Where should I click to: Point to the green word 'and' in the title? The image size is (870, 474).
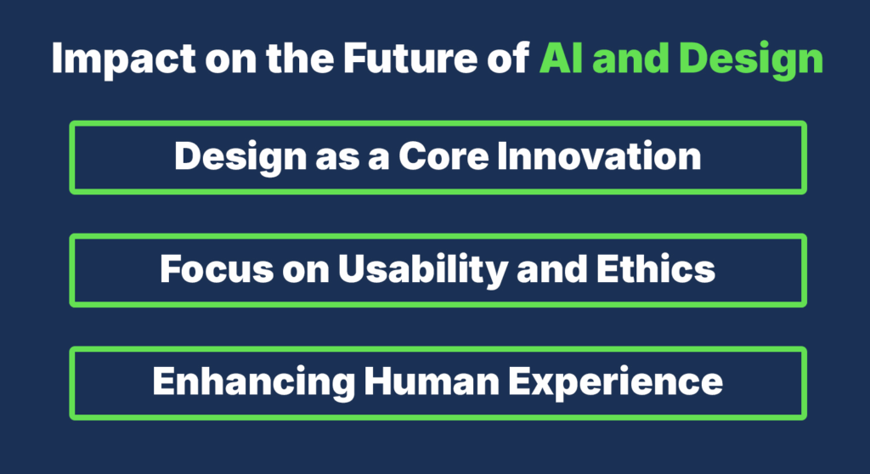(630, 60)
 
